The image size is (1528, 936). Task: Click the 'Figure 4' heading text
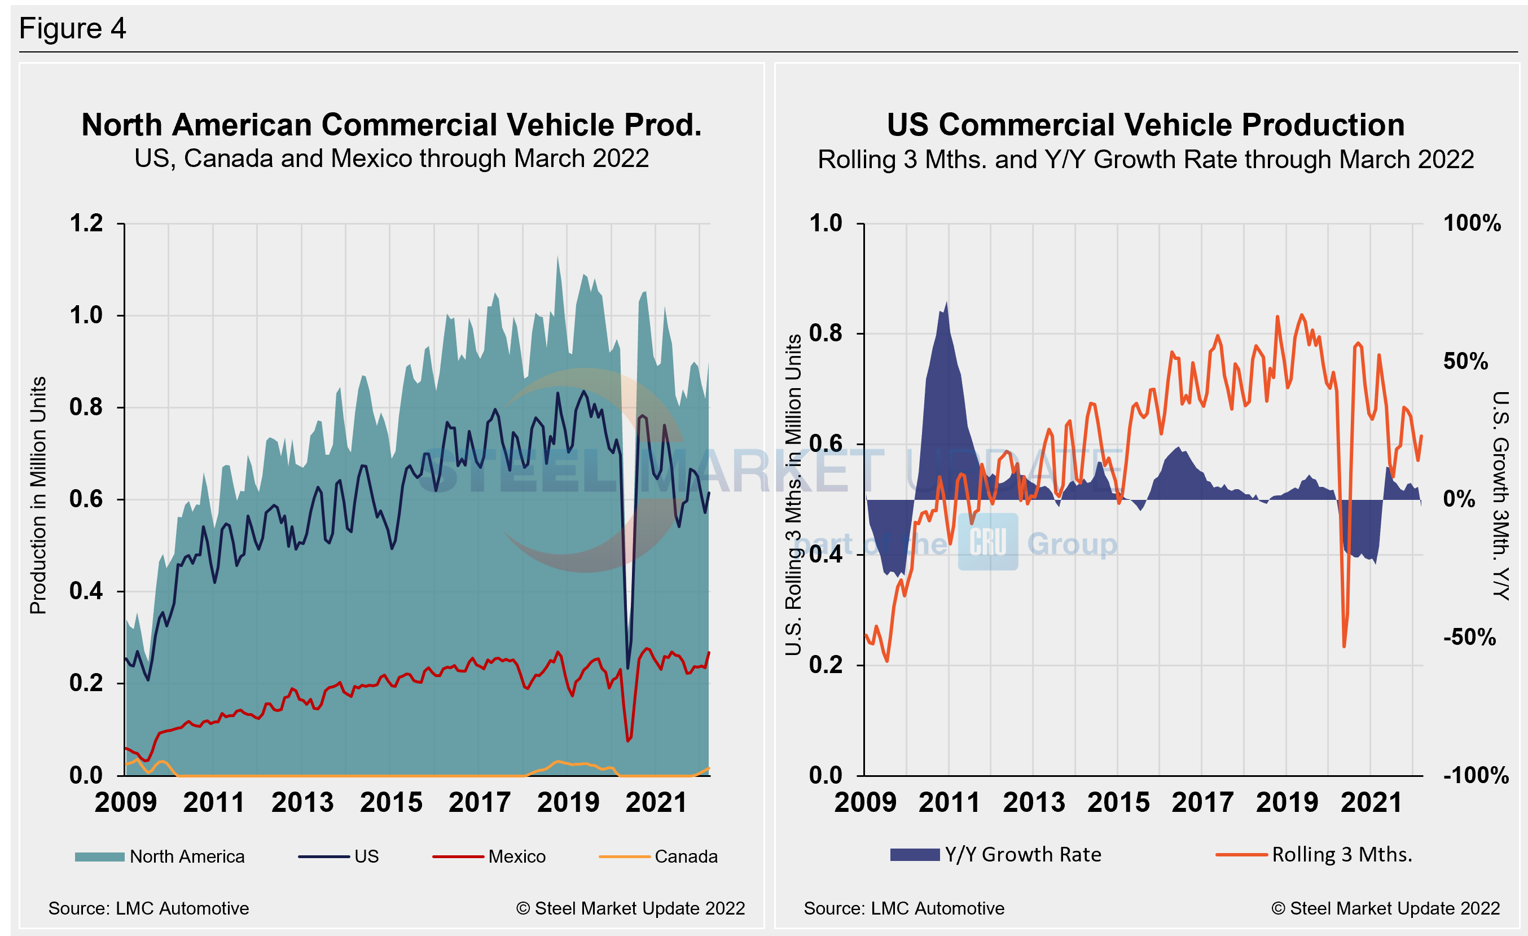[x=73, y=29]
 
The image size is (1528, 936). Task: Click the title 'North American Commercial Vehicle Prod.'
[x=391, y=125]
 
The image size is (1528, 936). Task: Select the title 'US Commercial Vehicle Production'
[x=1145, y=125]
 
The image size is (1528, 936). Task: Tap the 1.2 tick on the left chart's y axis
[x=86, y=224]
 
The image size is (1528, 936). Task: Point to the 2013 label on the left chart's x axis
[x=302, y=803]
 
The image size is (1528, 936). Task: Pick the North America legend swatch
[x=99, y=856]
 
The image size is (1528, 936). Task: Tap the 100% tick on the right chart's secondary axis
[x=1472, y=224]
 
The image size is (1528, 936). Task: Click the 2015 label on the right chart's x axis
[x=1118, y=803]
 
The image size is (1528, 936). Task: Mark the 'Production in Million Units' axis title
[x=38, y=495]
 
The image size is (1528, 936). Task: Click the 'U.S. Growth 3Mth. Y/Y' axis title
[x=1501, y=495]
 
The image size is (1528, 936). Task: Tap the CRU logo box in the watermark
[x=988, y=542]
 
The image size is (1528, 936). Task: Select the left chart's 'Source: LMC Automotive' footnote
[x=149, y=909]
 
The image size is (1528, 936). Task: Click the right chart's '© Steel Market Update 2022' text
[x=1385, y=909]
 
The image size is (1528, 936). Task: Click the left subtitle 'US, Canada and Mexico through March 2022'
[x=391, y=159]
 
